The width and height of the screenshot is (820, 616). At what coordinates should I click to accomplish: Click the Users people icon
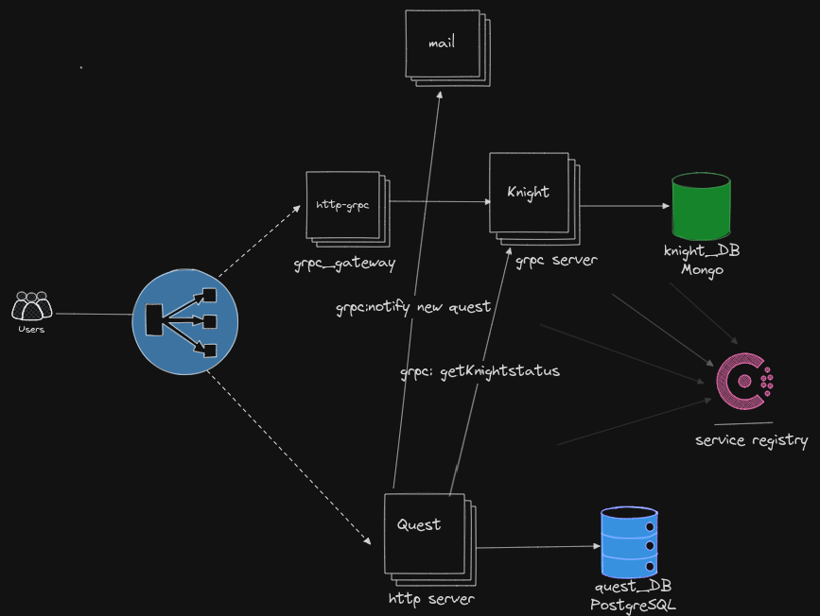[x=31, y=306]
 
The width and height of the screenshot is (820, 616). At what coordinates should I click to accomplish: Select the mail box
[x=443, y=44]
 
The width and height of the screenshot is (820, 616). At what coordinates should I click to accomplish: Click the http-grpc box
[x=342, y=205]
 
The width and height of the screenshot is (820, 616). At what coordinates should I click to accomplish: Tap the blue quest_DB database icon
[x=629, y=541]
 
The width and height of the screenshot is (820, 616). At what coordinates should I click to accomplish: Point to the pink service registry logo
[x=743, y=382]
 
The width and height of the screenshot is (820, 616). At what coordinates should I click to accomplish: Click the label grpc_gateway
[x=344, y=263]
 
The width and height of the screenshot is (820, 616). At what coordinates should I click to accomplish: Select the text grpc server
[x=556, y=259]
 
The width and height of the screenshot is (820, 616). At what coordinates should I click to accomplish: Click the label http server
[x=431, y=598]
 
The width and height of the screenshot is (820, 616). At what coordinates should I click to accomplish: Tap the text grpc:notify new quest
[x=413, y=308]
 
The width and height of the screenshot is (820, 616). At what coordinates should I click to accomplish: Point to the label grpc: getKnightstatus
[x=480, y=371]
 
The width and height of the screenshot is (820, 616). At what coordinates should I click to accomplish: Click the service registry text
[x=752, y=440]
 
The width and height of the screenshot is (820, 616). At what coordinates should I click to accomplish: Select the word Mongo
[x=702, y=270]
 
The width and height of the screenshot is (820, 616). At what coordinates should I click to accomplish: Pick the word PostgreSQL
[x=633, y=606]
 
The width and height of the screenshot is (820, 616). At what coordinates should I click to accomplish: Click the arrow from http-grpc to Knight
[x=438, y=201]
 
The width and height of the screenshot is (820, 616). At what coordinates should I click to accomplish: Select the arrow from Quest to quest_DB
[x=539, y=547]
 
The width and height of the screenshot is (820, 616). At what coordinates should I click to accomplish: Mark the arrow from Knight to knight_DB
[x=620, y=206]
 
